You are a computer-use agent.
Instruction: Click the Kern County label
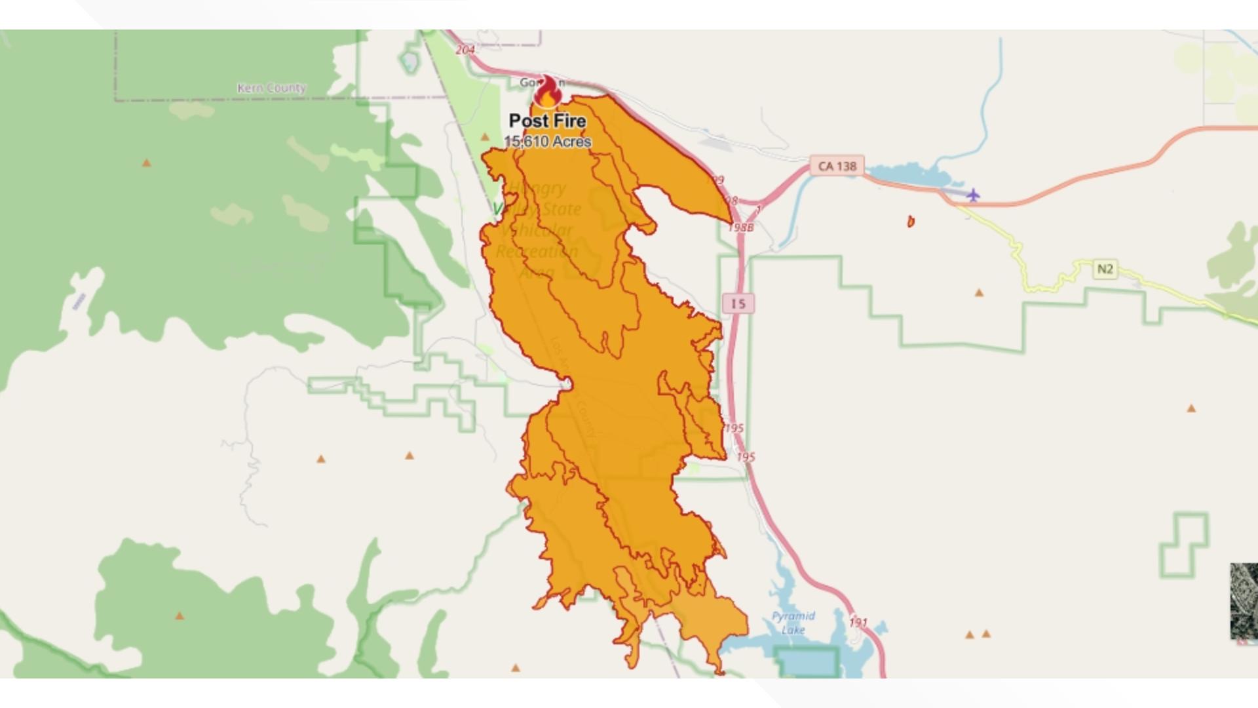pos(271,88)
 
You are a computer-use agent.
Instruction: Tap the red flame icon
pos(546,93)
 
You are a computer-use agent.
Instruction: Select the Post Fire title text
pos(547,121)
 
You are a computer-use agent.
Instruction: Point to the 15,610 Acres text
pos(548,142)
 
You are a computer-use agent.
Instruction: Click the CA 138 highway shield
pos(837,166)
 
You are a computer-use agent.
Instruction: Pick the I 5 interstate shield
pos(738,304)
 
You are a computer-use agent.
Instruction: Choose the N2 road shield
pos(1105,269)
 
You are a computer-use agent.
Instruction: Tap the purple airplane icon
pos(973,195)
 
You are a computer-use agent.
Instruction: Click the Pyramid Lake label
pos(793,623)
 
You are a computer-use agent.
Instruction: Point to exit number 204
pos(465,50)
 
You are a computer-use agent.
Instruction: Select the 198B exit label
pos(741,227)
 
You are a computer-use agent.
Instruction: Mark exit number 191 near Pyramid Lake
pos(858,622)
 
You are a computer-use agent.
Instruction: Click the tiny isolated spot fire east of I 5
pos(910,222)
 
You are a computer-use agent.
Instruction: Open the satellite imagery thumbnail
pos(1244,600)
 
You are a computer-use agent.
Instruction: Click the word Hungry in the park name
pos(537,189)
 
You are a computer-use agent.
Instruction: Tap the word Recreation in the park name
pos(537,252)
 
